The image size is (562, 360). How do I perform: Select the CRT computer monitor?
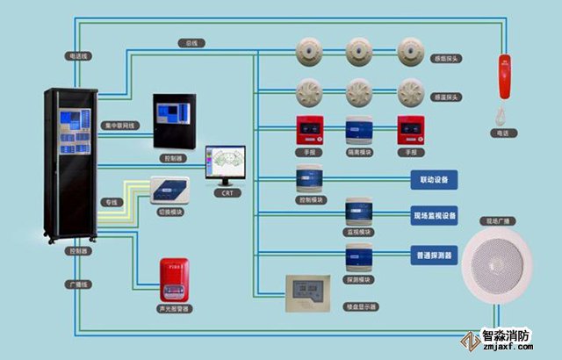point(226,164)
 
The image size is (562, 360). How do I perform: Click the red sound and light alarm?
point(173,279)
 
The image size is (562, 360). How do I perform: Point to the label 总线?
point(191,42)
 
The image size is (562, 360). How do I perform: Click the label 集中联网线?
point(119,125)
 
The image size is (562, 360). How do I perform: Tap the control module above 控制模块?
point(309,178)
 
